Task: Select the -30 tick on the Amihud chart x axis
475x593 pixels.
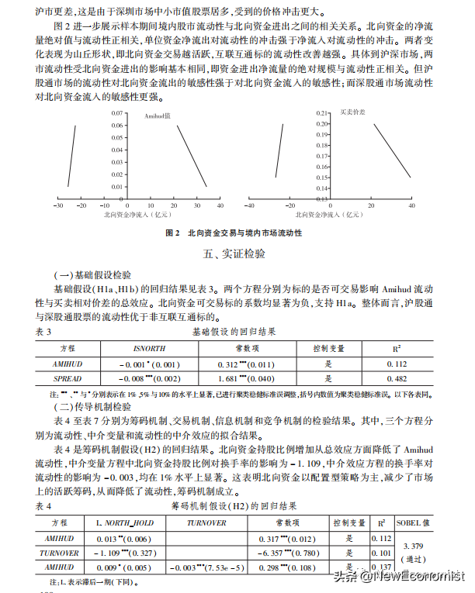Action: click(58, 205)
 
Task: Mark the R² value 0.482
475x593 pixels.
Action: click(397, 379)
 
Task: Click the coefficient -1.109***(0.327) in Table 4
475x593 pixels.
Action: click(124, 553)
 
